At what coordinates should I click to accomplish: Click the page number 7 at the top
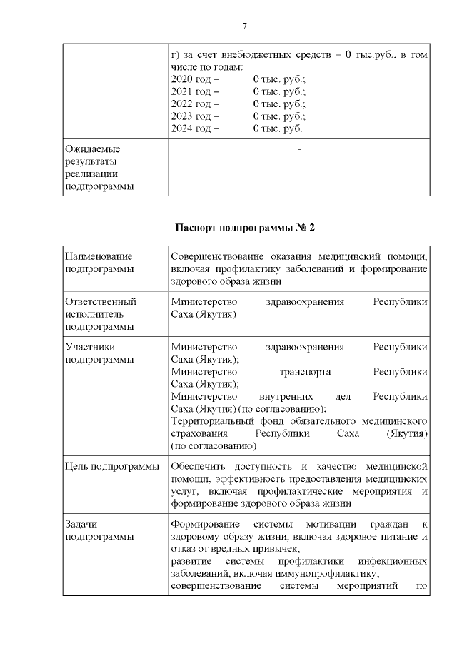pyautogui.click(x=245, y=26)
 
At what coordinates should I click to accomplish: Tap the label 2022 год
pyautogui.click(x=195, y=104)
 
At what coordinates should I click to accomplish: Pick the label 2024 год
pyautogui.click(x=195, y=129)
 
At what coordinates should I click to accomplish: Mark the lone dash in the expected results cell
pyautogui.click(x=298, y=149)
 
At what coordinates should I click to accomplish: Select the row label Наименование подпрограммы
pyautogui.click(x=99, y=262)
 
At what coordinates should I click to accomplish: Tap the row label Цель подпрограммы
pyautogui.click(x=111, y=467)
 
